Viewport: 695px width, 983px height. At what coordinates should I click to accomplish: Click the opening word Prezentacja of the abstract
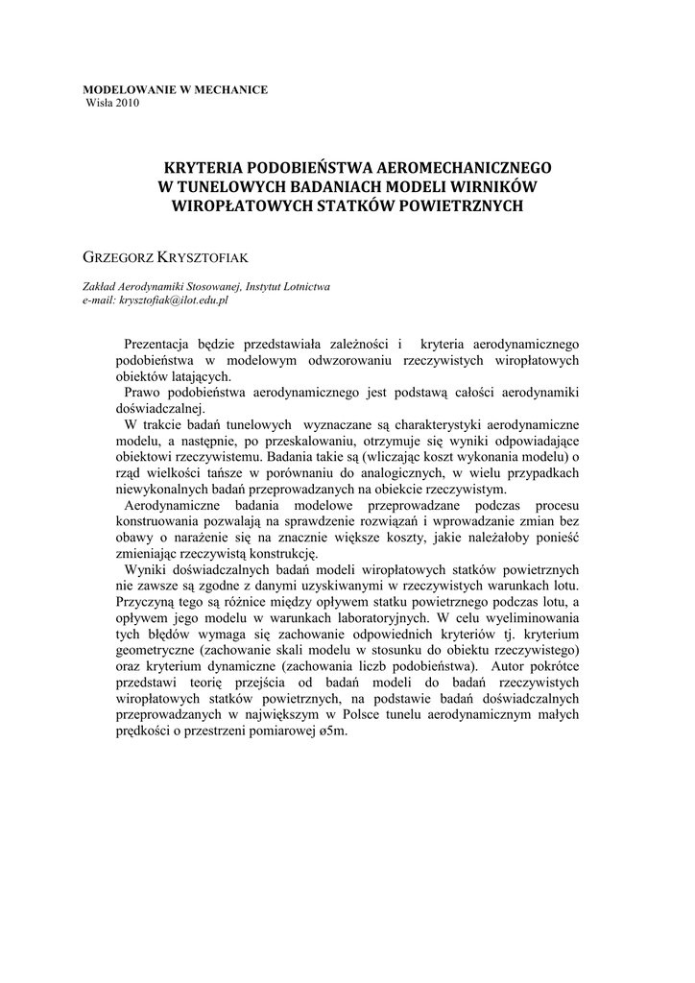[x=158, y=344]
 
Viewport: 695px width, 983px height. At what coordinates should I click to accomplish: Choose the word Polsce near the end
[x=374, y=714]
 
